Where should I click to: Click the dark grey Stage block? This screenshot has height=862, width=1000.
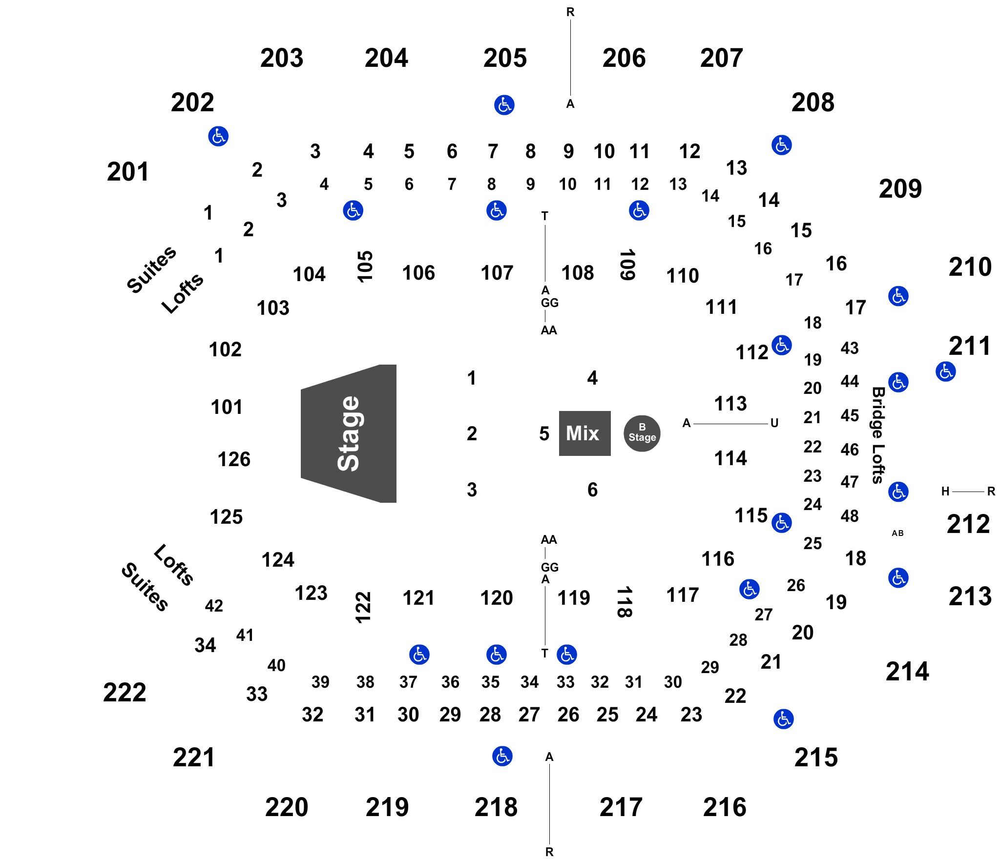tap(349, 433)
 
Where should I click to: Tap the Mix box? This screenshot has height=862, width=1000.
tap(584, 433)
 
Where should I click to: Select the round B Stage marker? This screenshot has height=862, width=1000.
tap(642, 433)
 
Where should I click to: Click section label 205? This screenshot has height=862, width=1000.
tap(505, 58)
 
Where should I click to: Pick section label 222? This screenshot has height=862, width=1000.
tap(125, 692)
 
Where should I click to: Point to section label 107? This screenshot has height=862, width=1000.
tap(497, 273)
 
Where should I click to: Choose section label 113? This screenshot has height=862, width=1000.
tap(730, 404)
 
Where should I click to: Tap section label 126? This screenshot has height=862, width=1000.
tap(234, 459)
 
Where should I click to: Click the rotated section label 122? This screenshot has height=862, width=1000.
tap(363, 607)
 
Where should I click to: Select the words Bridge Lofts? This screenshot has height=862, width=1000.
tap(878, 435)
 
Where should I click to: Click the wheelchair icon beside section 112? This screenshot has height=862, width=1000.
tap(782, 346)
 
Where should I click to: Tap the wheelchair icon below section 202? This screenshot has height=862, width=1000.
tap(218, 136)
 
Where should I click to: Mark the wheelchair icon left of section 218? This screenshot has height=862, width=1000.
tap(502, 756)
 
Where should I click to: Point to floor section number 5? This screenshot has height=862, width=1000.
tap(544, 433)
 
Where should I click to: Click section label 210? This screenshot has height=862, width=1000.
tap(970, 267)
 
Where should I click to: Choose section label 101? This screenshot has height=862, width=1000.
tap(227, 407)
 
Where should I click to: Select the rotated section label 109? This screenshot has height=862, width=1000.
tap(627, 265)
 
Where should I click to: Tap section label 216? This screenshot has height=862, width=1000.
tap(725, 807)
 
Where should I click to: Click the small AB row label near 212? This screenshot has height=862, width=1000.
tap(898, 533)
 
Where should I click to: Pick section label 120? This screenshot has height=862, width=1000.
tap(497, 598)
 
